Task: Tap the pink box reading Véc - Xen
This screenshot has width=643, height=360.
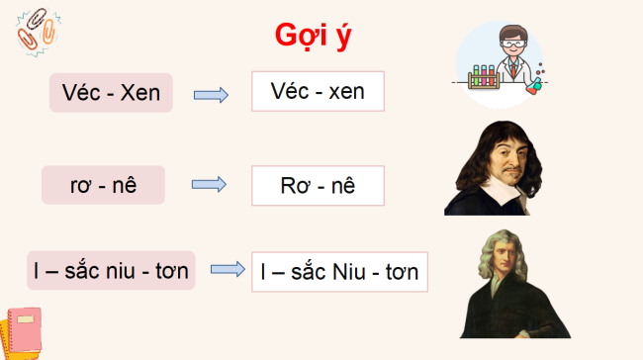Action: click(111, 94)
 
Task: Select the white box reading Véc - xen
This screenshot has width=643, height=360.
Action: click(318, 92)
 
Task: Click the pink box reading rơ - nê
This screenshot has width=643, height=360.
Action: click(103, 185)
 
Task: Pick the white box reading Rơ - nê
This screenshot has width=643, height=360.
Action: click(318, 185)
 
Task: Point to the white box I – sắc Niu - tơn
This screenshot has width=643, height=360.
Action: click(339, 270)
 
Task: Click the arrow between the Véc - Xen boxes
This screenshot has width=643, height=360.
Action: click(211, 95)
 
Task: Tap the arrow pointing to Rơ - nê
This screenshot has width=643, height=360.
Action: click(209, 185)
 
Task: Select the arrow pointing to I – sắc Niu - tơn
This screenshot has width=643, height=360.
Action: click(228, 269)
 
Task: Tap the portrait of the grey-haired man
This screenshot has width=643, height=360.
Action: click(502, 288)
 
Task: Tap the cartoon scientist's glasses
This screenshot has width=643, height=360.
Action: click(510, 45)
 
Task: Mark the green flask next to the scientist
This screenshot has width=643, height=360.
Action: click(534, 87)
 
